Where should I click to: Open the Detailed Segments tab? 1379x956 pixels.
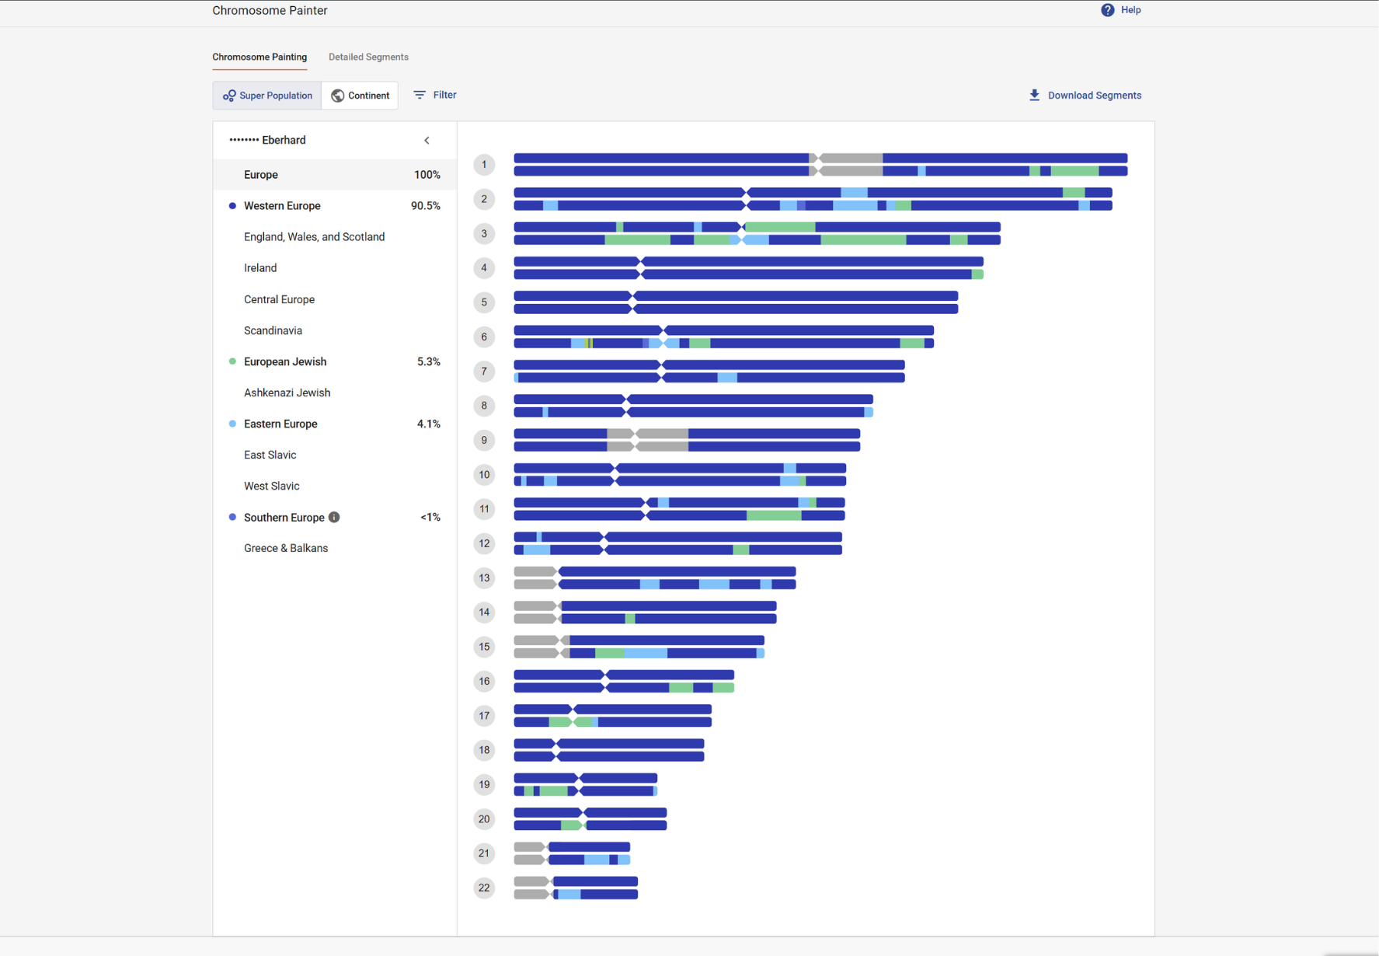(x=368, y=57)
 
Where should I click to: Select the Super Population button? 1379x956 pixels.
(x=267, y=96)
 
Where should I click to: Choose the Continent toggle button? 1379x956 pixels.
(x=360, y=96)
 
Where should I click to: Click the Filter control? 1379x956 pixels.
(x=435, y=95)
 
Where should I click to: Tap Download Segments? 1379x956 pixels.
(x=1085, y=96)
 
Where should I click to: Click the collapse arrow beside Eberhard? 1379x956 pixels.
(x=427, y=141)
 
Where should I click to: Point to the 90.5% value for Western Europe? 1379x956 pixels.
(x=425, y=206)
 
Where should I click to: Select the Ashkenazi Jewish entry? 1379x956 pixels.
(x=287, y=393)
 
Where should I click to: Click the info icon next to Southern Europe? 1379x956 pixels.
(x=334, y=518)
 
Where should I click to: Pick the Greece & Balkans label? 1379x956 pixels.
(x=286, y=548)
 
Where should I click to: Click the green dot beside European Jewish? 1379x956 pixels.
(x=232, y=361)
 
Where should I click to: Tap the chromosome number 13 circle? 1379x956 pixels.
(x=484, y=577)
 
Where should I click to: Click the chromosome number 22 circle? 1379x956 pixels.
(x=484, y=888)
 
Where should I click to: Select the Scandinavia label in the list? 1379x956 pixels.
(x=273, y=330)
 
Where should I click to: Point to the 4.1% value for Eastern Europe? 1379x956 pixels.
(x=428, y=424)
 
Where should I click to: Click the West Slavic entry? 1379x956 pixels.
(x=271, y=486)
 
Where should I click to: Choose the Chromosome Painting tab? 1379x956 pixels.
(x=259, y=57)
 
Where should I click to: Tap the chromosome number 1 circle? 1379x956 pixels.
(x=484, y=164)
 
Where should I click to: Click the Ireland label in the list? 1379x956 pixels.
(x=260, y=268)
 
